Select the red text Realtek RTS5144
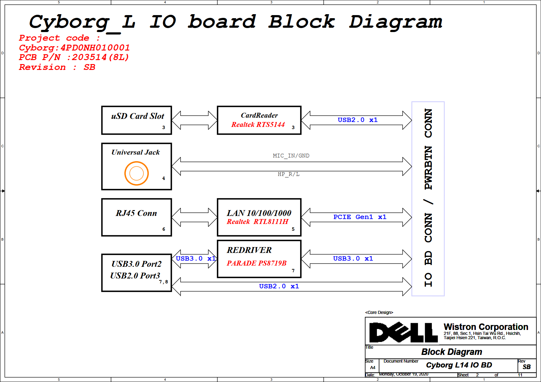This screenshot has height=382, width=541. [258, 124]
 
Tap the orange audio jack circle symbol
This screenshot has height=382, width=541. [137, 173]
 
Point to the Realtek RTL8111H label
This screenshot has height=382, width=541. [258, 221]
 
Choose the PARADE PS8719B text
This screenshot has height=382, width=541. [257, 263]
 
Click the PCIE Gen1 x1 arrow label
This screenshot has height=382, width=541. [360, 217]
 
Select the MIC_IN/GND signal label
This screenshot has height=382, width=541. [291, 156]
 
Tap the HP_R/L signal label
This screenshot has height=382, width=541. [289, 174]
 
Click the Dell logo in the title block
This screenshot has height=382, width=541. [403, 332]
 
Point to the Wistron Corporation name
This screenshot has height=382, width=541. [486, 327]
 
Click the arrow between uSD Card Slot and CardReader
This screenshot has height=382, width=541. [194, 120]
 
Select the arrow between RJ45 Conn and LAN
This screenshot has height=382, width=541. [194, 217]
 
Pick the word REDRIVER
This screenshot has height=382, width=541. [249, 250]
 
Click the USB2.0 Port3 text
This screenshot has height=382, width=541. [135, 275]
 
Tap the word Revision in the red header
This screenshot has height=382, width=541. [42, 67]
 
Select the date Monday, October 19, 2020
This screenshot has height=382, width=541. [403, 374]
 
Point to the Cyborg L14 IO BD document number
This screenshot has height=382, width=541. [459, 365]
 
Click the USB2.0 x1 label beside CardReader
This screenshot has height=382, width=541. [357, 120]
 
